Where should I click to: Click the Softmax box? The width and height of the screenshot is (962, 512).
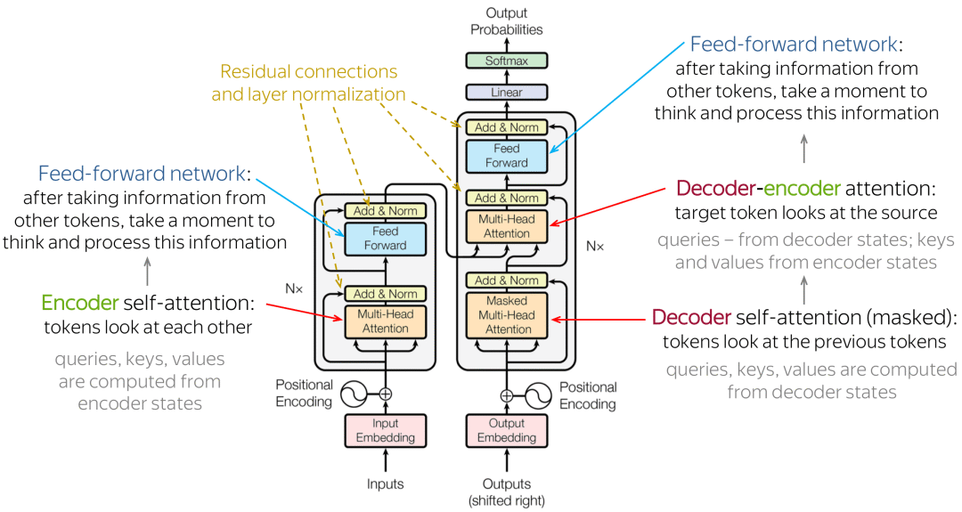click(506, 61)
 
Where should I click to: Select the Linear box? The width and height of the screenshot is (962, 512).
click(506, 93)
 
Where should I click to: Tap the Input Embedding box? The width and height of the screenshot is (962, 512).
click(386, 430)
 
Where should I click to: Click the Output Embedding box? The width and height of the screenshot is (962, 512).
click(506, 430)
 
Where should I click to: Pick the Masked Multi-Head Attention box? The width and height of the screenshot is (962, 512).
click(506, 315)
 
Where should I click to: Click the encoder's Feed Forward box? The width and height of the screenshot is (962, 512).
click(386, 239)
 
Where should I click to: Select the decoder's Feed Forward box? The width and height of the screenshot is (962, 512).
click(506, 156)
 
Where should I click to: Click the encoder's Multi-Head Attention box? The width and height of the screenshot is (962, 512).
click(386, 321)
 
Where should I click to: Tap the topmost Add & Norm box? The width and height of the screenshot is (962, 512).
click(506, 127)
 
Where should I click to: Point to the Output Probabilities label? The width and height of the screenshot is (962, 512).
click(506, 20)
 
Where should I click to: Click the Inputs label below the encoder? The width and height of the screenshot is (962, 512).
click(386, 484)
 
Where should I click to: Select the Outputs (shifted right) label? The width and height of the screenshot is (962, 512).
click(506, 492)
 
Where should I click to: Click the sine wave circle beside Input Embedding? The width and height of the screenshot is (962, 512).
click(354, 394)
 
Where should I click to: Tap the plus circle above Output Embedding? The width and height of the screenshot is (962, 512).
click(506, 395)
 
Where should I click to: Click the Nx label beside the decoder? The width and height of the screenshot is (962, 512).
click(594, 247)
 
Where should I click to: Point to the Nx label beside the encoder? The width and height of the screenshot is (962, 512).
click(294, 289)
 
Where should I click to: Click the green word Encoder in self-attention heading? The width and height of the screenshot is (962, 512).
click(80, 303)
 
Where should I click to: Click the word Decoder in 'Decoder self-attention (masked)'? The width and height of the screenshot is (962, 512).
click(691, 317)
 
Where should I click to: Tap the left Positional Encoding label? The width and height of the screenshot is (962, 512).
click(304, 393)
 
